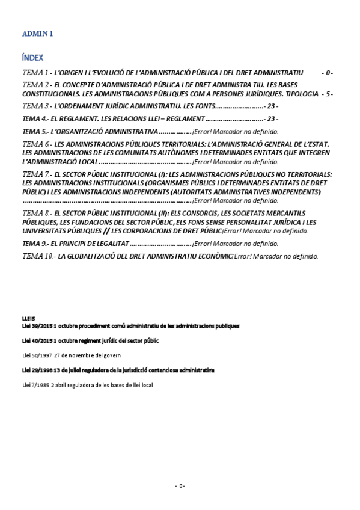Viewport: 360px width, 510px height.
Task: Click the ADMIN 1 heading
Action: [37, 34]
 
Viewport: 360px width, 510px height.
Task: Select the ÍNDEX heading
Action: [32, 58]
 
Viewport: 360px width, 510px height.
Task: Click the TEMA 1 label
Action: [35, 72]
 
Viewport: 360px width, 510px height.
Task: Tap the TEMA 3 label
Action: [35, 106]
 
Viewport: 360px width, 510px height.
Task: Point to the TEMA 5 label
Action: [34, 131]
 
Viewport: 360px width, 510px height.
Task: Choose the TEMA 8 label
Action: [35, 213]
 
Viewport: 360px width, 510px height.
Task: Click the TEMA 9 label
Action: [34, 243]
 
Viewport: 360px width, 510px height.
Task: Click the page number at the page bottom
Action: [180, 486]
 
